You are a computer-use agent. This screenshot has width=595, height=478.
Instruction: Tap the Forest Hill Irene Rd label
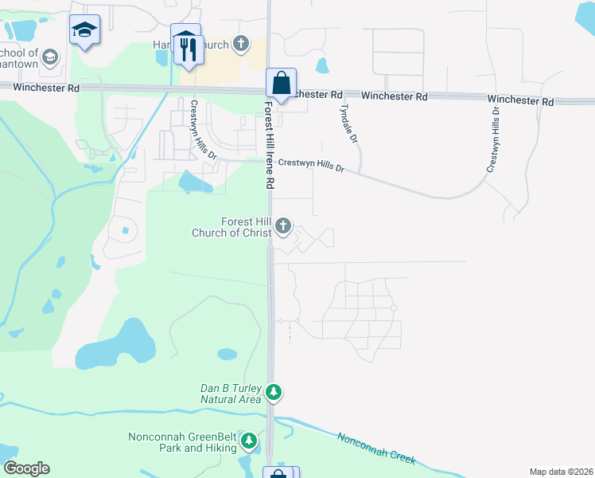tap(270, 144)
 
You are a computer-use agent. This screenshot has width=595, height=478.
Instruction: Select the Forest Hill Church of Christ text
tap(231, 227)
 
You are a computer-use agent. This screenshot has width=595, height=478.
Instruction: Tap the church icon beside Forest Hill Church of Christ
tap(282, 227)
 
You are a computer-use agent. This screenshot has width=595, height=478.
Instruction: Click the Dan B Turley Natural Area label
tap(231, 394)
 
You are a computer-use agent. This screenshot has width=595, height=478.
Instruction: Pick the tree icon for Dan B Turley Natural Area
tap(274, 392)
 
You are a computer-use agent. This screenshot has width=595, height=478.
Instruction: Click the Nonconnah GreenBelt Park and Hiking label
tap(183, 442)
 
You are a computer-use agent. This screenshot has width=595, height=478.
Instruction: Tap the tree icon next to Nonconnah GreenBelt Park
tap(249, 441)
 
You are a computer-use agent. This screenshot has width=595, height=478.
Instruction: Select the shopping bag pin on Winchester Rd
tap(281, 83)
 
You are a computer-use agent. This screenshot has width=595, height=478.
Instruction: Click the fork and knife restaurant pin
tap(189, 49)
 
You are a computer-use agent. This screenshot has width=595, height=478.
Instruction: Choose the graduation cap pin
tap(84, 30)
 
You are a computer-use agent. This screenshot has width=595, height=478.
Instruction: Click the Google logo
tap(26, 468)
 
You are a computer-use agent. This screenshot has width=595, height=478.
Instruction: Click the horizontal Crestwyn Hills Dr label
tap(311, 165)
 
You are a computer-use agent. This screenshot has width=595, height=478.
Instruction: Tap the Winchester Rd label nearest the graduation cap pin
tap(46, 88)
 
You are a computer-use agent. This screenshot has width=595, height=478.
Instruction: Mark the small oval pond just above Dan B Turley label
tap(227, 353)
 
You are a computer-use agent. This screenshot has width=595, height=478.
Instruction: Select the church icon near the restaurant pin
tap(241, 44)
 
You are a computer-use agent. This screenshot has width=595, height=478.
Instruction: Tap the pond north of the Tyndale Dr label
tap(322, 65)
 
